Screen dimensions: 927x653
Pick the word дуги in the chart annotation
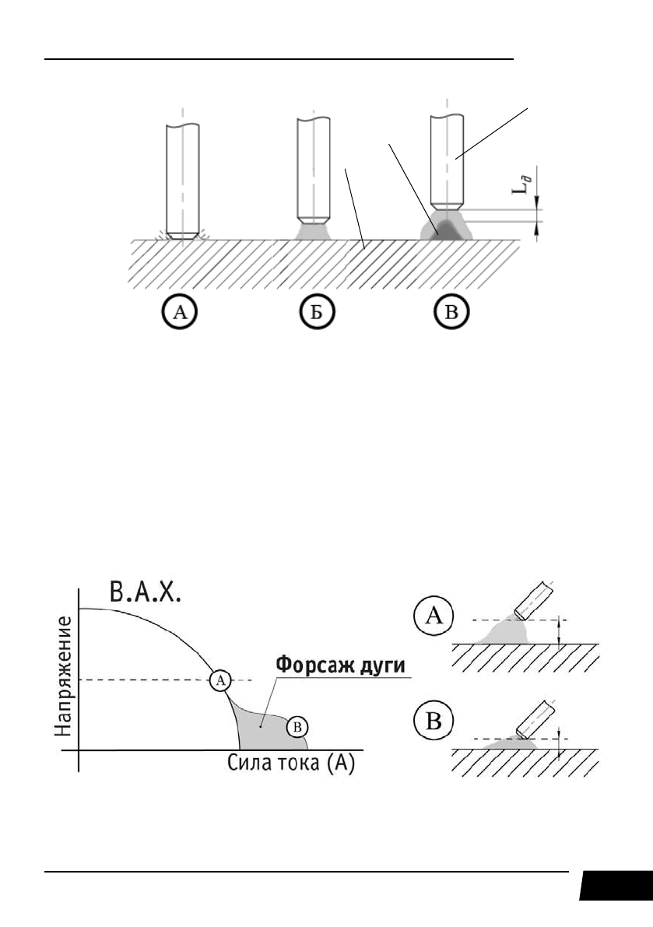[x=382, y=668]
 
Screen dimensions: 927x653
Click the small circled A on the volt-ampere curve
[x=220, y=680]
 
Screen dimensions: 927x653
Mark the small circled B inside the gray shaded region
[x=297, y=727]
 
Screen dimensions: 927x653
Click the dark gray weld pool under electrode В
[x=447, y=229]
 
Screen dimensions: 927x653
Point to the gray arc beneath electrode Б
[x=315, y=231]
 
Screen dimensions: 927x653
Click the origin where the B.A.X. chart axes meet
[x=79, y=750]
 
